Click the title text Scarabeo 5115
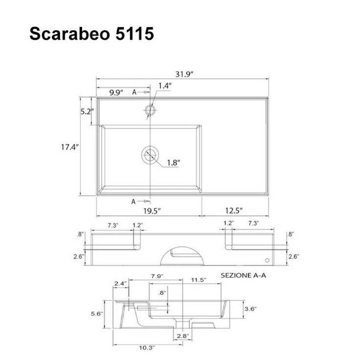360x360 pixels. (x=91, y=34)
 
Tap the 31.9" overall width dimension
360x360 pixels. (x=184, y=74)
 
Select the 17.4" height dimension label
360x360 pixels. (x=70, y=147)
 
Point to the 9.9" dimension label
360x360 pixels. (x=116, y=92)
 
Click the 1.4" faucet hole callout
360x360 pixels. (x=165, y=86)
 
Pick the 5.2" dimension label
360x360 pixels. (x=87, y=112)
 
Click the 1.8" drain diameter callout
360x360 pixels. (x=173, y=163)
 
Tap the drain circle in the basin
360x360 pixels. (x=150, y=155)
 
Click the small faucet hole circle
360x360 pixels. (x=150, y=110)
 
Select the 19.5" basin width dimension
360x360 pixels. (x=152, y=211)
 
